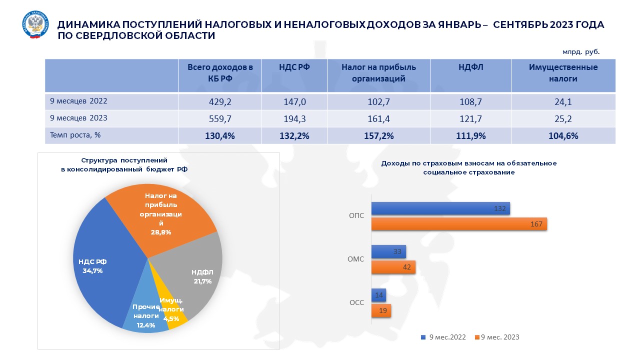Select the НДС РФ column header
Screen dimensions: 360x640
(294, 67)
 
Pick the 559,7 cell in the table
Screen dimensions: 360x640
(220, 118)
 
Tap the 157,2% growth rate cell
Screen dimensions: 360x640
(379, 135)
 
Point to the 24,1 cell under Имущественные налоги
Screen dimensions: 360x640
(563, 102)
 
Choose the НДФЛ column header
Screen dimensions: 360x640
(470, 67)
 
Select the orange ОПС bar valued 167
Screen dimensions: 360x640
(459, 224)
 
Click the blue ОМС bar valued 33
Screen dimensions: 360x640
(388, 252)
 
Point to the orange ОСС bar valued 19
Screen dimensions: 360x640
(381, 310)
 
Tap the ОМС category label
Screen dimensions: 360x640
(355, 259)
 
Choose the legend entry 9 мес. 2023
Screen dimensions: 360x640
(499, 337)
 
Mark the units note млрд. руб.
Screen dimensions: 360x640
(580, 51)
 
